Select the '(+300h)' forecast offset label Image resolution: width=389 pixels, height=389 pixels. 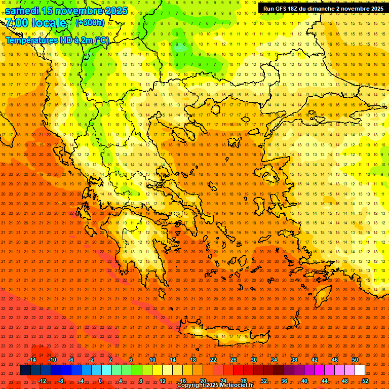[90, 22]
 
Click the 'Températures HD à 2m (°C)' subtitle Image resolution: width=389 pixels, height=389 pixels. [57, 40]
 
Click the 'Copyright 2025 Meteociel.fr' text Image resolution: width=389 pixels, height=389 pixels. [215, 385]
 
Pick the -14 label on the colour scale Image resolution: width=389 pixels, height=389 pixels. [31, 360]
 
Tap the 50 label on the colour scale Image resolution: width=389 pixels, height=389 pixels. [355, 360]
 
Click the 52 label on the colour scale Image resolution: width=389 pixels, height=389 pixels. [365, 380]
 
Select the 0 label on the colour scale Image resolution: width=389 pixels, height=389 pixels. [100, 380]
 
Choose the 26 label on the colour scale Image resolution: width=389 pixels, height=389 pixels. [234, 360]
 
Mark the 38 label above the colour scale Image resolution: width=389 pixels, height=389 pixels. [294, 360]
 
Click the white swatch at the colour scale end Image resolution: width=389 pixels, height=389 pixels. [360, 370]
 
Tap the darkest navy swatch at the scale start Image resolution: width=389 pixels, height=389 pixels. [25, 370]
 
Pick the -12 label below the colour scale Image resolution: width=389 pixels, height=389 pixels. [42, 380]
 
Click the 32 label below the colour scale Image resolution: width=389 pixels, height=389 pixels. [264, 380]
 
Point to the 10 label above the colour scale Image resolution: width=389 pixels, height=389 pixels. [152, 360]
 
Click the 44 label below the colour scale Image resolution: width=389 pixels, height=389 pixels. [325, 380]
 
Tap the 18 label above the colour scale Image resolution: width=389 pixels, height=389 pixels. [193, 360]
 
